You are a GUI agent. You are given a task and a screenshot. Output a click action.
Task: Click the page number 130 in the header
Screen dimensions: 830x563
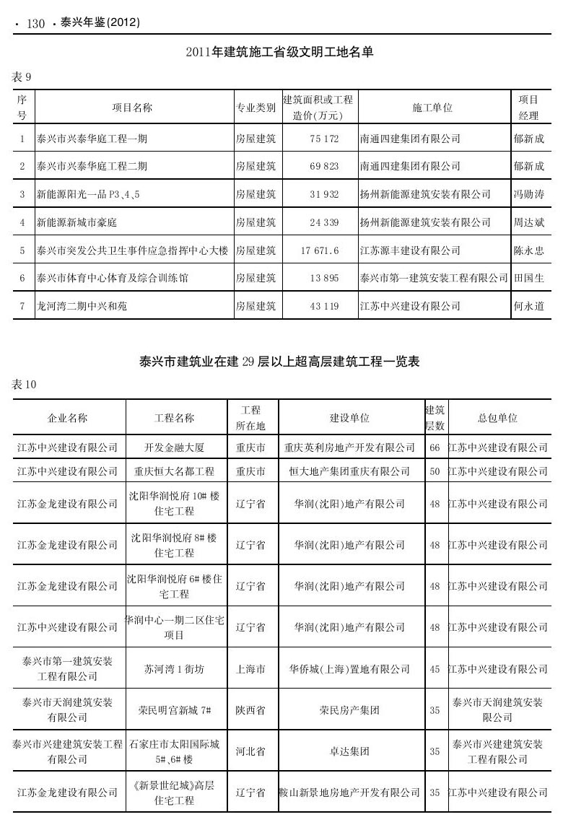click(x=35, y=24)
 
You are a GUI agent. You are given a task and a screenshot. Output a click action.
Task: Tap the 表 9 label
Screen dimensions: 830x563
click(x=22, y=76)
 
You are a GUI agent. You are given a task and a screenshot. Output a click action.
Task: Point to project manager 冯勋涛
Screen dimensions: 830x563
click(x=528, y=194)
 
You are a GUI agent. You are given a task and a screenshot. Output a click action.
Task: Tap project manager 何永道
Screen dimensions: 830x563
click(x=528, y=307)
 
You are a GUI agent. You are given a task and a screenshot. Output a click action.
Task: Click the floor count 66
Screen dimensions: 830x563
click(x=435, y=447)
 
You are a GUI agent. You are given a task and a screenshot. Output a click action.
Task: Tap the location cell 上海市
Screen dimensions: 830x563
click(x=250, y=669)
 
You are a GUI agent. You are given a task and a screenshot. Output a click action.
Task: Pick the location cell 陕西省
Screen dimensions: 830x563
click(x=250, y=710)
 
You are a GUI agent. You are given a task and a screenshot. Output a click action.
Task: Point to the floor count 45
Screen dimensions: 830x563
click(x=435, y=669)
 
